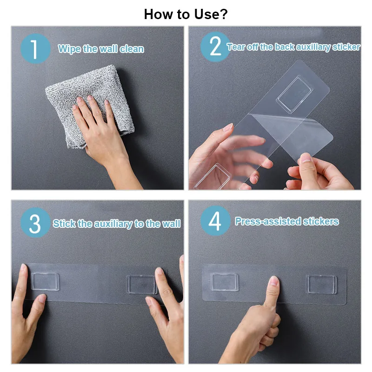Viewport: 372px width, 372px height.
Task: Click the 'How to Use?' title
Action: coord(186,14)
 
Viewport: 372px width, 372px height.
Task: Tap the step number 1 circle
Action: coord(36,49)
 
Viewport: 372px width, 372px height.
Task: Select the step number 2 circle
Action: coord(215,47)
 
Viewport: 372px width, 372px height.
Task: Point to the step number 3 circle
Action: coord(36,223)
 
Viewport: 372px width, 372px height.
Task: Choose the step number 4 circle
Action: coord(215,220)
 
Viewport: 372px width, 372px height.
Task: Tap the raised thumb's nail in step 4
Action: coord(274,281)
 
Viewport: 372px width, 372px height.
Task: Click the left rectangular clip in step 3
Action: coord(45,281)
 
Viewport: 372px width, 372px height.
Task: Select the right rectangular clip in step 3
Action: coord(142,285)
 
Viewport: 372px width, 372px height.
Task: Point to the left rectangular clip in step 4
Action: coord(225,282)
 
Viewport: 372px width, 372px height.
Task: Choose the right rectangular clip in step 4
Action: coord(322,284)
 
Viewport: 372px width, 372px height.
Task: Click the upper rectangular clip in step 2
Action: coord(294,94)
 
